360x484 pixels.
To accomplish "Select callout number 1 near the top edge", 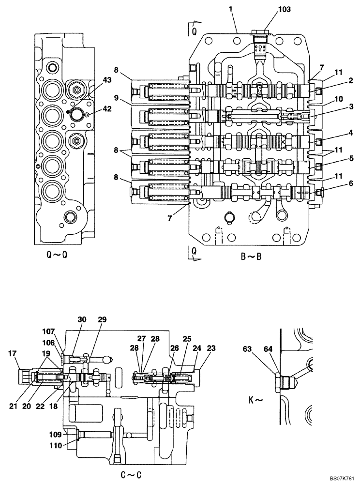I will (231, 9).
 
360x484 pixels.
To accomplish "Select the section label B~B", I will (251, 257).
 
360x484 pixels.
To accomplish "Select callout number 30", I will (82, 319).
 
